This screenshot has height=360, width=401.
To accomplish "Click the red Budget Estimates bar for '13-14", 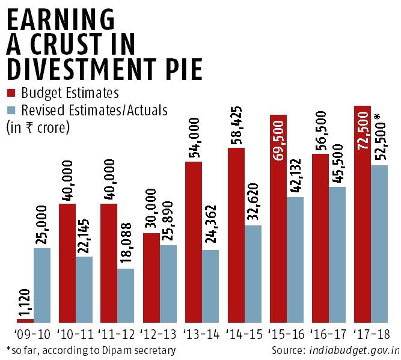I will (x=193, y=243).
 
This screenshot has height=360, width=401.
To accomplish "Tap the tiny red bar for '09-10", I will (x=25, y=322).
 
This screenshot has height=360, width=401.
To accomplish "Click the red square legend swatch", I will (x=11, y=94).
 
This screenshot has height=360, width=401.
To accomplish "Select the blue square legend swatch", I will (x=11, y=111).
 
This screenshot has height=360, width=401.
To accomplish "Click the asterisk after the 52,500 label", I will (x=378, y=116).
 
